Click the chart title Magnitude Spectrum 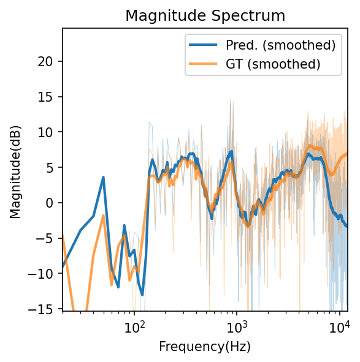point(205,16)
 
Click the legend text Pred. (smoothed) point(280,45)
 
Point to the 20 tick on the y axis point(49,61)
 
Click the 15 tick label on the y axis point(49,97)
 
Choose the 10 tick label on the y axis point(49,132)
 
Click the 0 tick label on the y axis point(52,203)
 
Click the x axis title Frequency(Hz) point(205,347)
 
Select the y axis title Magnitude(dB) point(15,169)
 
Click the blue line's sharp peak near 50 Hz point(103,177)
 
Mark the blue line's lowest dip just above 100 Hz point(142,295)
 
